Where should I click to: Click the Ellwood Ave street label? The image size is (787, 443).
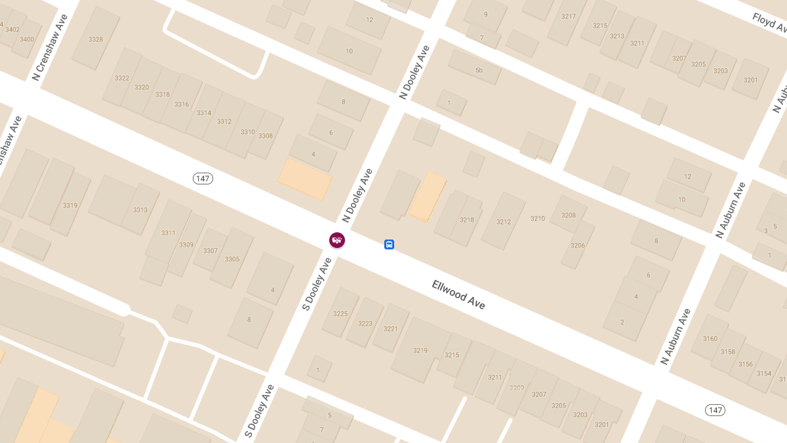(x=458, y=295)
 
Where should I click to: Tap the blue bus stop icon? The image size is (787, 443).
(x=389, y=245)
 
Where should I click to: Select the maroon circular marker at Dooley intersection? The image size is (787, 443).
(x=337, y=240)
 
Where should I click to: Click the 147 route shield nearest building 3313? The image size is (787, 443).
(x=203, y=179)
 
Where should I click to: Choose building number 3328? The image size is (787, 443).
(x=96, y=39)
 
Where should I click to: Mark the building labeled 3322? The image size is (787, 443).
(x=122, y=78)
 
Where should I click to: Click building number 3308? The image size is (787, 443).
(x=265, y=136)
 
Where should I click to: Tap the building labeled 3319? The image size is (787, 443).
(x=70, y=205)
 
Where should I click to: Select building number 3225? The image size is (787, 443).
(x=340, y=314)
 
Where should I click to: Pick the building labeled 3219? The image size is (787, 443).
(x=420, y=350)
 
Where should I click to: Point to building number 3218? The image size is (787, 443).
(x=466, y=220)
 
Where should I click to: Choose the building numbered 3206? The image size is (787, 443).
(x=577, y=245)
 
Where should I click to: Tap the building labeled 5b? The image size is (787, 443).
(x=479, y=70)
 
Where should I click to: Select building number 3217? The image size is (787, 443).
(x=568, y=17)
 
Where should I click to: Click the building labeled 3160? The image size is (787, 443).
(x=710, y=339)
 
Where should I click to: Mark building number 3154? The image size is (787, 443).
(x=764, y=373)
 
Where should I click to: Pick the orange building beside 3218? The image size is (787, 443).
(x=428, y=196)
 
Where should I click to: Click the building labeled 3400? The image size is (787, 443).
(x=27, y=39)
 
